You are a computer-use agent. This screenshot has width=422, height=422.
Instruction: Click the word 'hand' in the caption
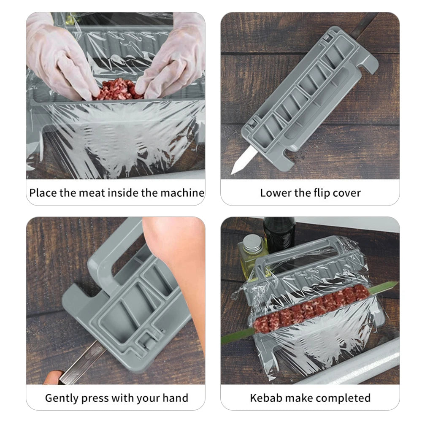pos(174,398)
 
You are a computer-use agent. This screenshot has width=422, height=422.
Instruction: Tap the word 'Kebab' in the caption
pos(266,398)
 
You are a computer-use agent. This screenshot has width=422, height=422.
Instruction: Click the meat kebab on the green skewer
pos(312,307)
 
